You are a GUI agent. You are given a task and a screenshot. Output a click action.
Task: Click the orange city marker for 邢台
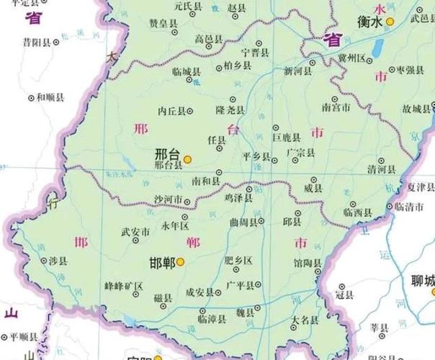pyautogui.click(x=187, y=158)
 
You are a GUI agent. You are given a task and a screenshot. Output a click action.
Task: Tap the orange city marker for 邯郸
pyautogui.click(x=181, y=262)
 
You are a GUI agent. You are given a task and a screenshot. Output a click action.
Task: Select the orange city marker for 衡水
pyautogui.click(x=390, y=22)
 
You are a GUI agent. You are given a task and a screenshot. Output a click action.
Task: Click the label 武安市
pyautogui.click(x=135, y=232)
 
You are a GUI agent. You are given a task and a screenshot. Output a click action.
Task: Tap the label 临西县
pyautogui.click(x=357, y=212)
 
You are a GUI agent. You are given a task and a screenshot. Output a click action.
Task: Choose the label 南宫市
pyautogui.click(x=336, y=107)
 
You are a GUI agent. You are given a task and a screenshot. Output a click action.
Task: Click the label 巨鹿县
pyautogui.click(x=285, y=136)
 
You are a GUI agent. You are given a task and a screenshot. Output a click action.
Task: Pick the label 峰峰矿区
pyautogui.click(x=124, y=286)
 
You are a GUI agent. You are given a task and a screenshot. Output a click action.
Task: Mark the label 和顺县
pyautogui.click(x=50, y=96)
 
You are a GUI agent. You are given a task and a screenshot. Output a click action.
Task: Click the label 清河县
pyautogui.click(x=382, y=170)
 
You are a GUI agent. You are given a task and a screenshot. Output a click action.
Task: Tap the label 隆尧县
pyautogui.click(x=230, y=110)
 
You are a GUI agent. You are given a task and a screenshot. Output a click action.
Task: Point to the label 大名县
pyautogui.click(x=305, y=319)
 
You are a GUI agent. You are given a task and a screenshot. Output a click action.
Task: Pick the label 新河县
pyautogui.click(x=297, y=71)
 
